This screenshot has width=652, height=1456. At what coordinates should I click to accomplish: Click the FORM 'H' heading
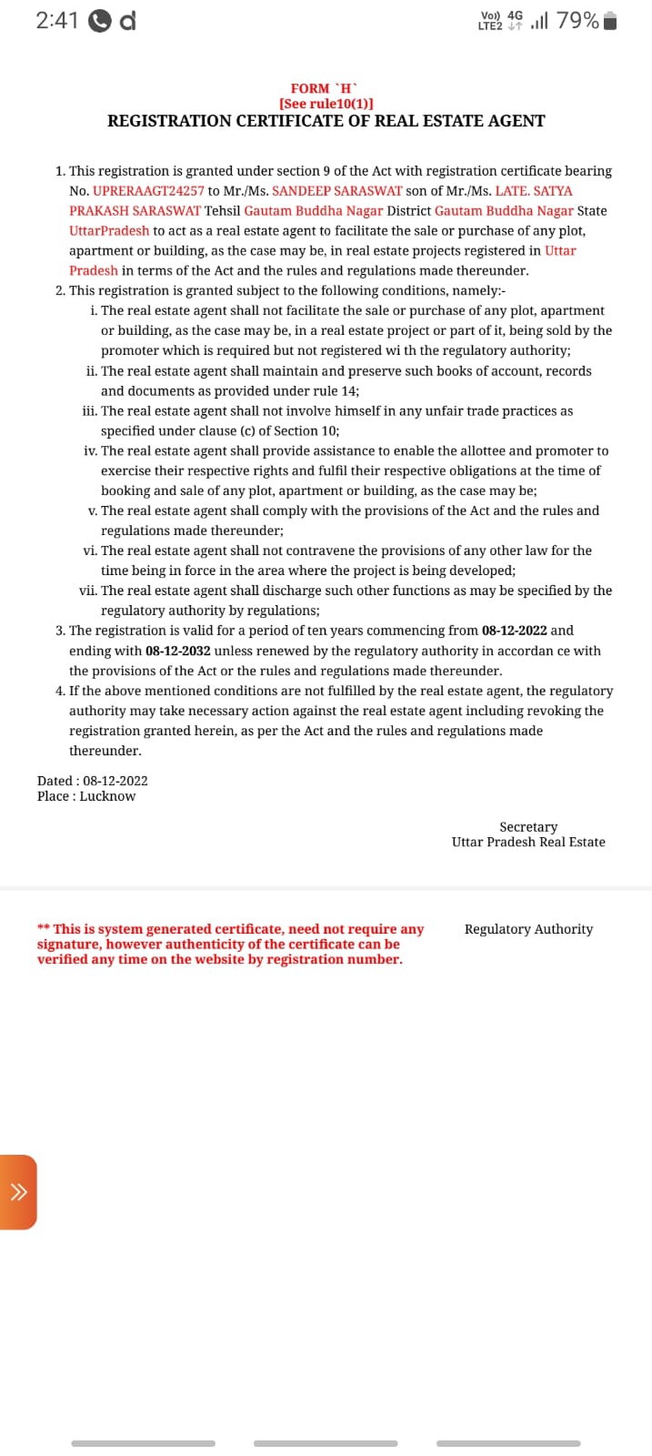point(326,88)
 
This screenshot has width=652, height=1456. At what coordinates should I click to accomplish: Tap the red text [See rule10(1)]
point(326,104)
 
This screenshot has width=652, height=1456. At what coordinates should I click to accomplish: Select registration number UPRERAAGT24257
point(148,191)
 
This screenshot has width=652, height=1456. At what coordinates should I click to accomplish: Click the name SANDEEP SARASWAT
point(336,191)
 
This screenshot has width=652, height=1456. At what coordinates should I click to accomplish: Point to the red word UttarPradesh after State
point(109,231)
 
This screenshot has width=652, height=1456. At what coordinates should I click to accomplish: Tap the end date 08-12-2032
point(177,651)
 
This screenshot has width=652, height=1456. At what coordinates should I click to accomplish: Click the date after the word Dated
point(115,781)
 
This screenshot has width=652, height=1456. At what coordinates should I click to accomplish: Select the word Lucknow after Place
point(107,796)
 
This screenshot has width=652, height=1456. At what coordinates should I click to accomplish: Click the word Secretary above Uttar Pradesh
point(528,827)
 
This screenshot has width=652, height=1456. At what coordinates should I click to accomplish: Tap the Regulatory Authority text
point(528,929)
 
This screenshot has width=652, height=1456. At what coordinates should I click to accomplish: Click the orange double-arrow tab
point(18,1192)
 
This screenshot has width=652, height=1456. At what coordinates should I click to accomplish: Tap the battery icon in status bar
point(610,21)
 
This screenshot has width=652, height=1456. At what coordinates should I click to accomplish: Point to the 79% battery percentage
point(577,21)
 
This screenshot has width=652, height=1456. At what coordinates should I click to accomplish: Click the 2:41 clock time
point(57,21)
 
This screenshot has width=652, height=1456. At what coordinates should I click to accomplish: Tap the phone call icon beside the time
point(100,22)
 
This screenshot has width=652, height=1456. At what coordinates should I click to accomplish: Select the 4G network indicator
point(516,15)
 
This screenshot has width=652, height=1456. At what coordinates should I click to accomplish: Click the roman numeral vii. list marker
point(87,591)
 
